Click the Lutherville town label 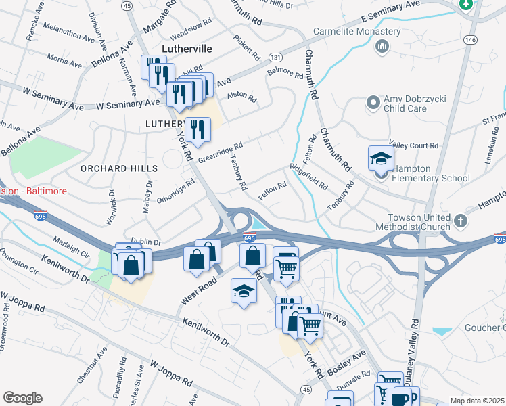pos(187,49)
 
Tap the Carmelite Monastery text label pos(357,32)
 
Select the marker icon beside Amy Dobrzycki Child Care pos(372,104)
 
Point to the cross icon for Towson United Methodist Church pos(460,221)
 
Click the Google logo pos(22,398)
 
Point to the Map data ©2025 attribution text pos(476,401)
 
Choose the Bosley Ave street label pos(349,361)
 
